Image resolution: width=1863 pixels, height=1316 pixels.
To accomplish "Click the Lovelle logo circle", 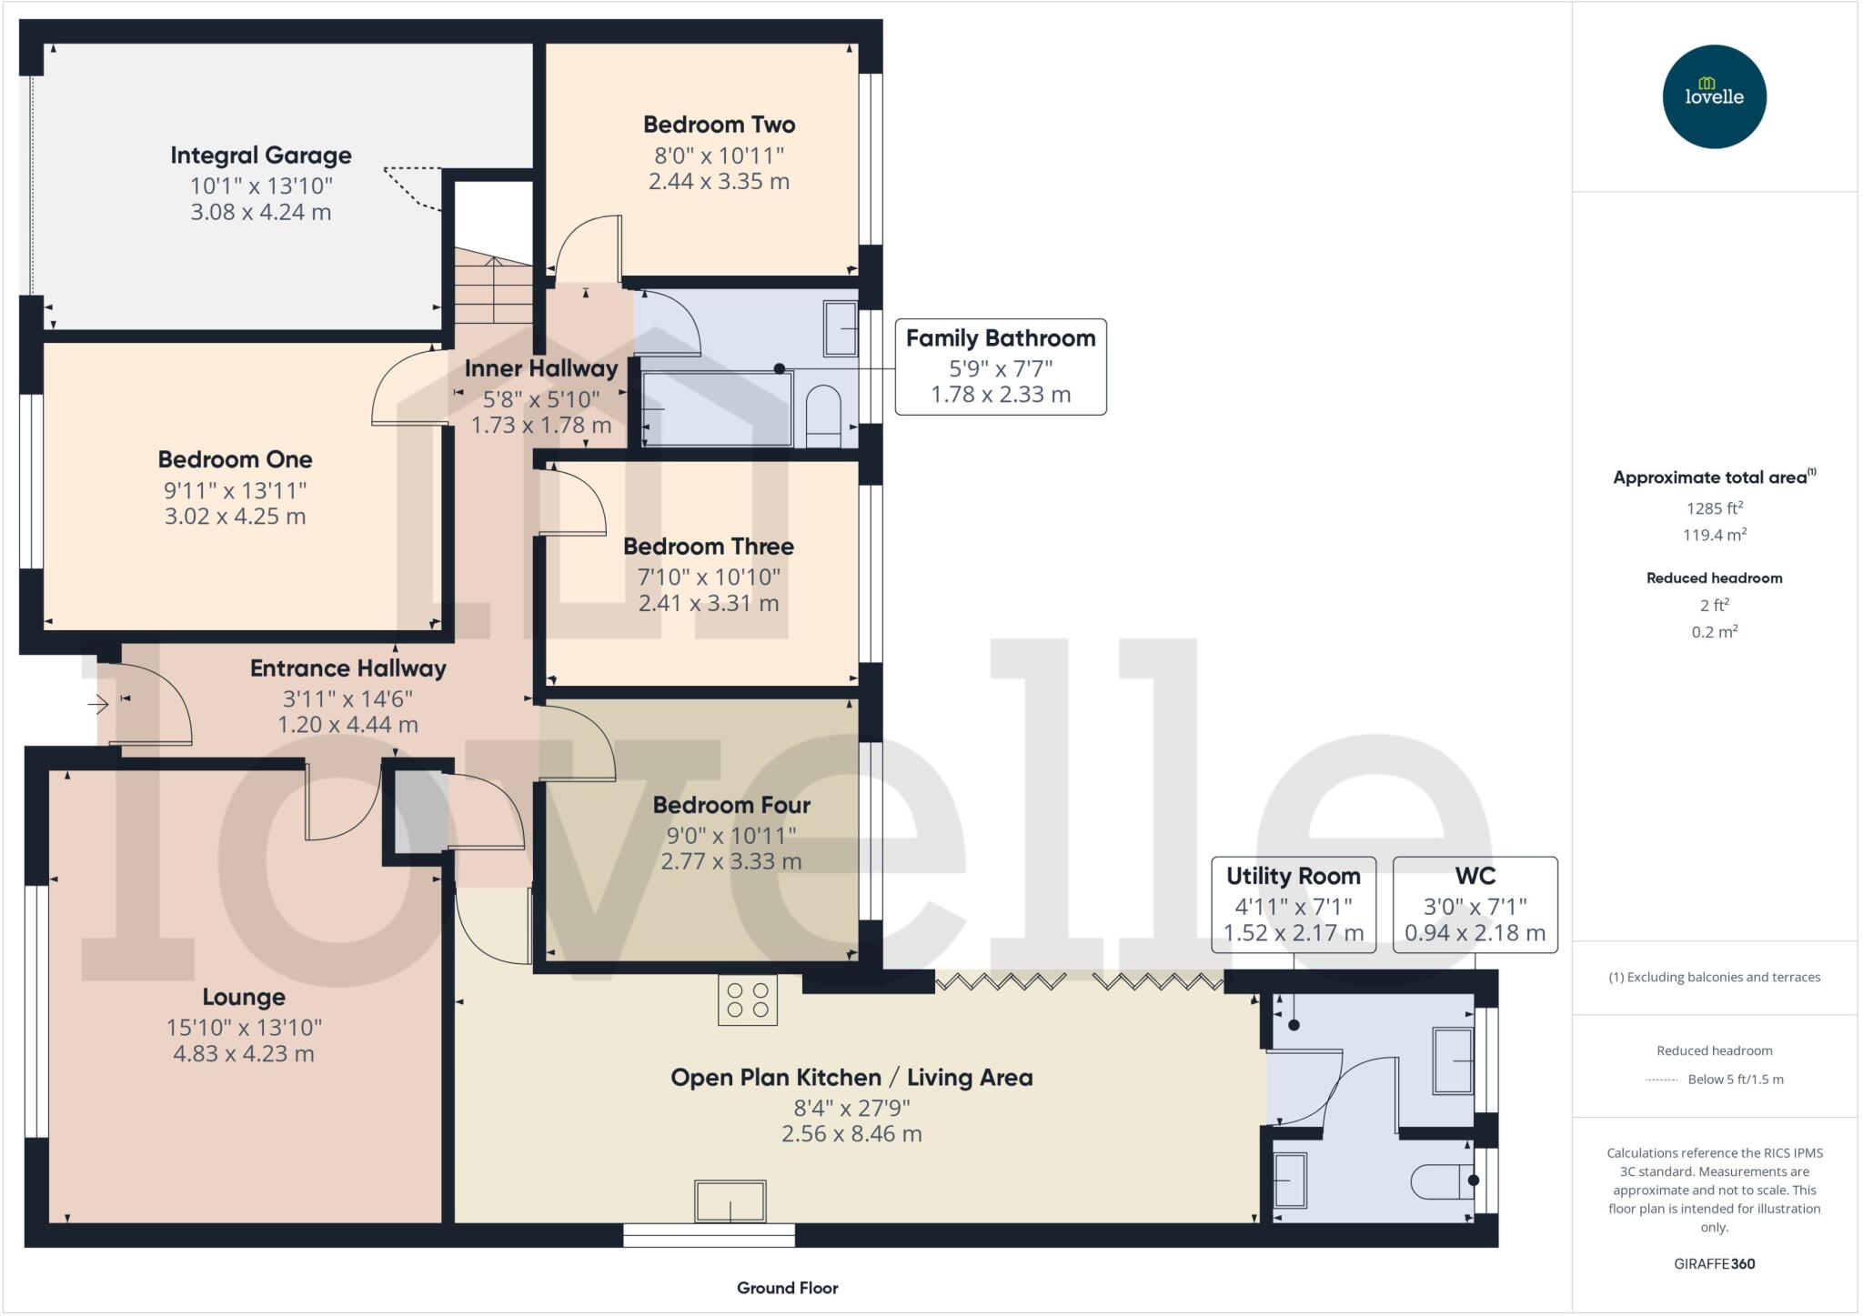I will point(1714,96).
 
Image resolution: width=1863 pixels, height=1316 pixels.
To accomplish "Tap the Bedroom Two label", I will point(719,125).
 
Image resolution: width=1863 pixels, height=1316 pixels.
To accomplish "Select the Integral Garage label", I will point(261,156).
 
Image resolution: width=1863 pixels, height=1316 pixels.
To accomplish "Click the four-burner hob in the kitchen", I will point(748,1000).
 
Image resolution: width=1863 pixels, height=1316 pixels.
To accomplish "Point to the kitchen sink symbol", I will point(730,1201).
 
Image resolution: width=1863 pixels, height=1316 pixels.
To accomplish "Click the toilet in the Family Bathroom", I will point(824,417).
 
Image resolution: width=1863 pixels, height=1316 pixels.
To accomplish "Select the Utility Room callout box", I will point(1293,904).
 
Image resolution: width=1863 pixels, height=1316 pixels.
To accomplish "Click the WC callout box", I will point(1475,904).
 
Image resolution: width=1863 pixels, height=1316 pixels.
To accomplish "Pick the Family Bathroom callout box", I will point(1001,367).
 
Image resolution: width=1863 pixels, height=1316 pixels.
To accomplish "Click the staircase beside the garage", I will point(493,289).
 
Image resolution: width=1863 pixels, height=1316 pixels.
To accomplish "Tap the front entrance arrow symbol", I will point(98,704).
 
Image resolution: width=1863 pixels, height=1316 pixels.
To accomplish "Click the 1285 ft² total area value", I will point(1714,508).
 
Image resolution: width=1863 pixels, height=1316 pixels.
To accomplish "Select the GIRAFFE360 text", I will point(1714,1263).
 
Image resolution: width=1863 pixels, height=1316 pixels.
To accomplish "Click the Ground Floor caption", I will point(787,1288).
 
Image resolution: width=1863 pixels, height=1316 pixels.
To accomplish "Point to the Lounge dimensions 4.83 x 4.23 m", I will point(244,1054).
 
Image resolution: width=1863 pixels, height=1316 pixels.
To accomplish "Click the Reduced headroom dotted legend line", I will point(1661,1080).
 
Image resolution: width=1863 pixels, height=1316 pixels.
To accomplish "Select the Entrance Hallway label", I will point(348,668).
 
